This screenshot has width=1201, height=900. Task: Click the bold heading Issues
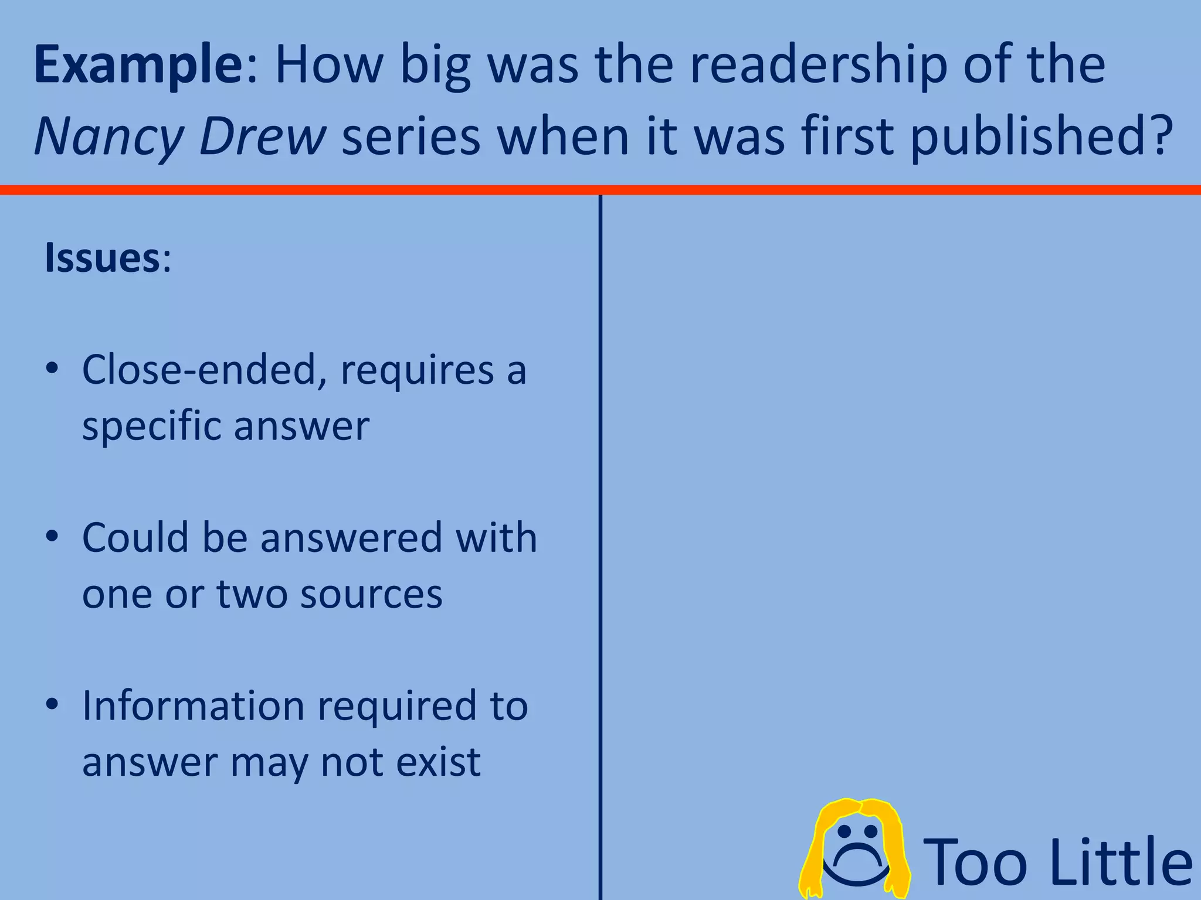point(101,258)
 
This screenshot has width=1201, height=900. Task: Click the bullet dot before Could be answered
point(52,537)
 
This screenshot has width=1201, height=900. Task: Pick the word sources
point(371,594)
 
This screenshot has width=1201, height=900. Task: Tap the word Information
point(193,705)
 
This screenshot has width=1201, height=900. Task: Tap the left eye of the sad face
point(843,831)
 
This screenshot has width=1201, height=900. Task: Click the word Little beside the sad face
point(1121,861)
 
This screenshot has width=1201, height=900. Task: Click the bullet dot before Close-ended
point(52,369)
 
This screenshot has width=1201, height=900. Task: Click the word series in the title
point(411,136)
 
